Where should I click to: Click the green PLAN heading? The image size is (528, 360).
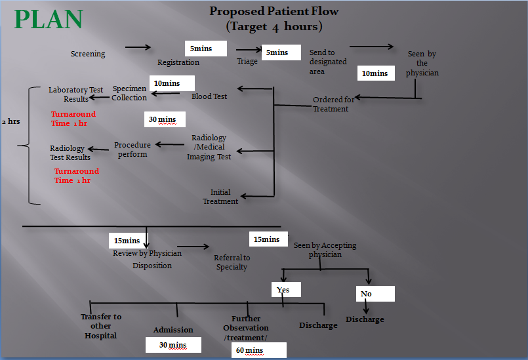click(x=49, y=20)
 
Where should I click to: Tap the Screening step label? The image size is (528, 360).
click(x=88, y=54)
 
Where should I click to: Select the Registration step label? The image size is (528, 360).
click(x=178, y=62)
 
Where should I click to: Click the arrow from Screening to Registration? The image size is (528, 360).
click(x=138, y=47)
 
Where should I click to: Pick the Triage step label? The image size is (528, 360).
click(x=247, y=61)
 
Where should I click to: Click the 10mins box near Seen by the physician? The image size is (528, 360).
click(x=376, y=73)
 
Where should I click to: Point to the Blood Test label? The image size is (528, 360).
click(x=209, y=96)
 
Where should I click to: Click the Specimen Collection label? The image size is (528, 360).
click(x=129, y=93)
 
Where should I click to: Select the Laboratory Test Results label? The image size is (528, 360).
click(x=77, y=94)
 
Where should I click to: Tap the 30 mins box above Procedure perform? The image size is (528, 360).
click(x=165, y=119)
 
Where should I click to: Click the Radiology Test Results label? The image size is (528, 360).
click(x=70, y=153)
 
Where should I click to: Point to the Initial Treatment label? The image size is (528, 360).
click(x=220, y=197)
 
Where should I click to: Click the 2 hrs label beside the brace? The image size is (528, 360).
click(x=11, y=122)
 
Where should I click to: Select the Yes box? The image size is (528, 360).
click(x=286, y=289)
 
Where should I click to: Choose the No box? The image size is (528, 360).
click(x=375, y=294)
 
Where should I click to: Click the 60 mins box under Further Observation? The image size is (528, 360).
click(x=259, y=350)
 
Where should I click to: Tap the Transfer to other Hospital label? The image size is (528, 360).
click(x=101, y=326)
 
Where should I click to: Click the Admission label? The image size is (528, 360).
click(x=173, y=330)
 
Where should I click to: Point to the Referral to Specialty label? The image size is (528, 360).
click(x=232, y=262)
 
